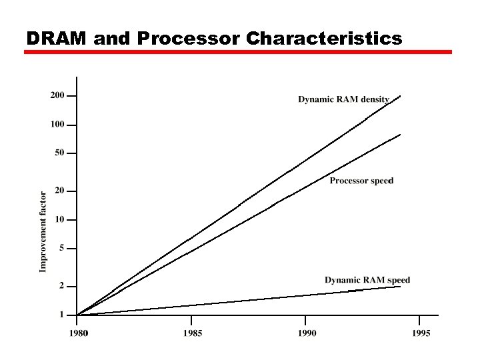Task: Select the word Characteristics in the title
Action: coord(324,39)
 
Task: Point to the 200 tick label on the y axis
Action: coord(58,95)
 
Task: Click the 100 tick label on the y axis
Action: coord(58,125)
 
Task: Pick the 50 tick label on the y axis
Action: coord(60,153)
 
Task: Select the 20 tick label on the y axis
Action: coord(60,191)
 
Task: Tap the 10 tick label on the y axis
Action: coord(60,219)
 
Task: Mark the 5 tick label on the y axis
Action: coord(62,248)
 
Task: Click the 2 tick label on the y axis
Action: coord(62,285)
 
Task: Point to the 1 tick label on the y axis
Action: coord(62,314)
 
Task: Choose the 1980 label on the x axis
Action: coord(77,333)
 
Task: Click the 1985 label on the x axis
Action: coord(192,333)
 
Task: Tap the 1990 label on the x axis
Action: coord(307,333)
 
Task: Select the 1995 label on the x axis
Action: coord(421,333)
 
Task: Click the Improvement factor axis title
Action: coord(43,232)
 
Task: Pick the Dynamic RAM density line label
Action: coord(343,99)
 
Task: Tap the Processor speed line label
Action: coord(361,181)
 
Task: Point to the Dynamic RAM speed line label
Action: coord(367,280)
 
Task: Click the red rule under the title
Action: coord(238,52)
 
